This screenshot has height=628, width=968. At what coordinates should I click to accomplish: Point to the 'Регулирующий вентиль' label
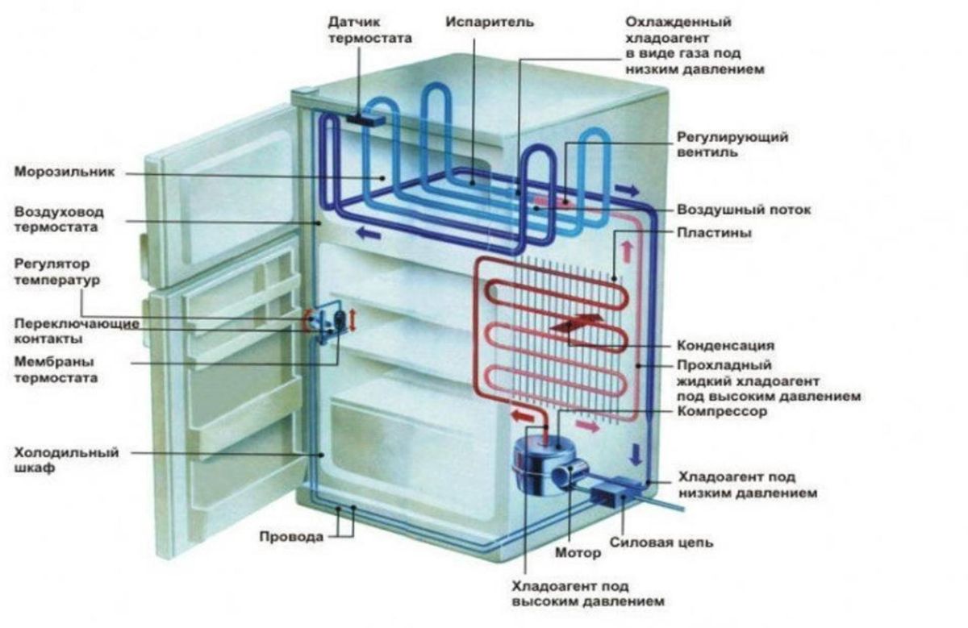[x=732, y=145]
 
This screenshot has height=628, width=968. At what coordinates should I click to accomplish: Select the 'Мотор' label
[x=578, y=554]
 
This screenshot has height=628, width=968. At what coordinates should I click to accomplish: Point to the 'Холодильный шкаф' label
[x=65, y=460]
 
